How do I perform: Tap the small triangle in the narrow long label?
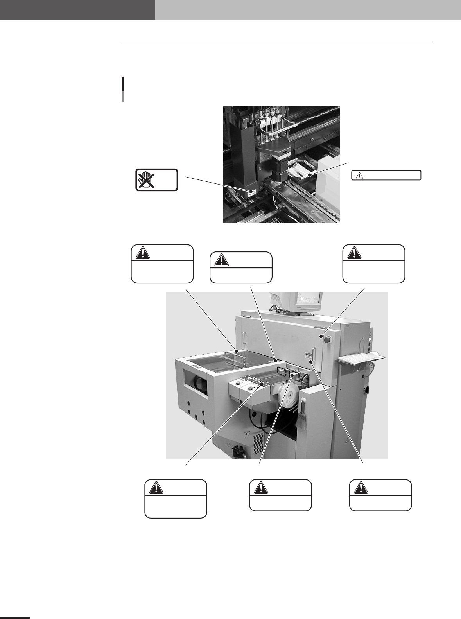coord(357,176)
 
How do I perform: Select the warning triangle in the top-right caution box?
coord(354,253)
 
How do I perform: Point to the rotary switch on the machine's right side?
coord(367,390)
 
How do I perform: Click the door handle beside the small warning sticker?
coord(314,353)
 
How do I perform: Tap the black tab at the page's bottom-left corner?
coord(15,617)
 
